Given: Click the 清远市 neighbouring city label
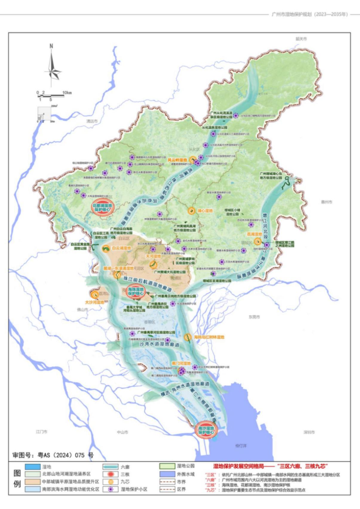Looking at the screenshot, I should click(x=92, y=121).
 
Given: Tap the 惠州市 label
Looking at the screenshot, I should click(x=327, y=202).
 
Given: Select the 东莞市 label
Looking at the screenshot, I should click(x=254, y=317).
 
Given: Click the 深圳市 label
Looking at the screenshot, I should click(x=309, y=432).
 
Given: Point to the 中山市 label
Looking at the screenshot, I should click(x=122, y=432).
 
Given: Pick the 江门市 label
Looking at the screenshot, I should click(x=42, y=432).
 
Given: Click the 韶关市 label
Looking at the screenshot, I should click(x=301, y=39).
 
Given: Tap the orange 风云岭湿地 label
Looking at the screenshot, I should click(x=177, y=160).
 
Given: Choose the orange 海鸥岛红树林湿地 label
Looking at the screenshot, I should click(x=209, y=337).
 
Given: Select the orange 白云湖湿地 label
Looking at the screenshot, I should click(x=121, y=248).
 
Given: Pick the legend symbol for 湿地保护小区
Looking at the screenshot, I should click(x=111, y=490).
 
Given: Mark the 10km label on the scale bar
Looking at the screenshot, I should click(x=67, y=93).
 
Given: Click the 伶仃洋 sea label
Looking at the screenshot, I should click(x=241, y=446).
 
